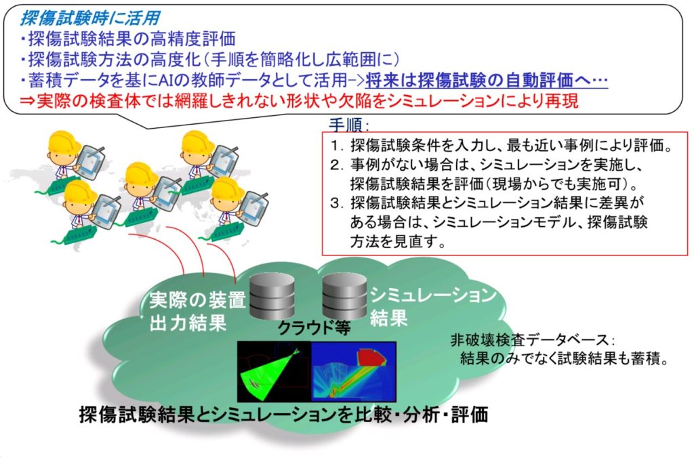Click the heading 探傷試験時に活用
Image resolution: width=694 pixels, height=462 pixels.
pos(90,18)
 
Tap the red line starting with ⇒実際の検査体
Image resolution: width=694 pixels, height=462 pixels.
pos(299,101)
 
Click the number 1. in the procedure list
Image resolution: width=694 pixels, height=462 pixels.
pos(338,146)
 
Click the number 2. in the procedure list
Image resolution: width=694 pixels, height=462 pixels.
pos(338,165)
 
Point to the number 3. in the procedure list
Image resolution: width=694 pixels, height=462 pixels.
pos(338,203)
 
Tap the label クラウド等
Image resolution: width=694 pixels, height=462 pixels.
pos(314,327)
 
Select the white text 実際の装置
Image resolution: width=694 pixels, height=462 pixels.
pos(197,301)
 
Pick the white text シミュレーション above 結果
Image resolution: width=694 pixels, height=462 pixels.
pos(433,295)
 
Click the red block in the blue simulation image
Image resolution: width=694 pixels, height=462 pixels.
pos(371,358)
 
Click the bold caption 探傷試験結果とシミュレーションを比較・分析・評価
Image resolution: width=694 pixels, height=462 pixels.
pos(284,415)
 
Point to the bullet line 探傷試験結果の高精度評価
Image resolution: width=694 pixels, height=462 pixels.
pos(128,39)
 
